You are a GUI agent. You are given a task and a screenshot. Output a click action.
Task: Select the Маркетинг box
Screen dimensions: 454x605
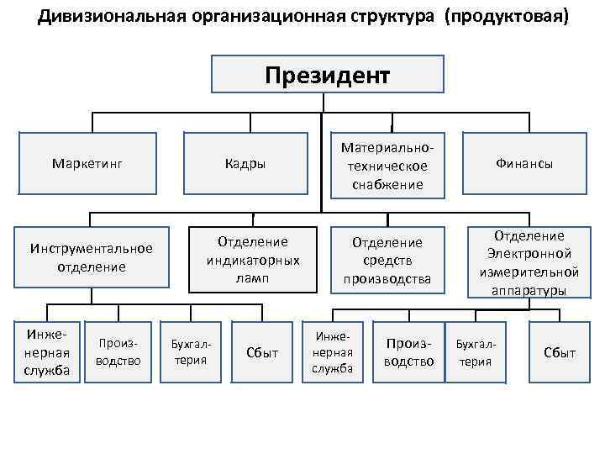pos(87,163)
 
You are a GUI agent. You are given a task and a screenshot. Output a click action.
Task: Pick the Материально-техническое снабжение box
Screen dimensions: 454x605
pos(387,166)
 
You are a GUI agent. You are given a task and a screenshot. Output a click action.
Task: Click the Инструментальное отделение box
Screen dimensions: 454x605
pos(92,257)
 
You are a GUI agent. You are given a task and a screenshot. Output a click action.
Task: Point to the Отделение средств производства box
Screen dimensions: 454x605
pos(387,260)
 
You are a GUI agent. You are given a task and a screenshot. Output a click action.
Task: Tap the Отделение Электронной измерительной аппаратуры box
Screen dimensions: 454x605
pos(529,262)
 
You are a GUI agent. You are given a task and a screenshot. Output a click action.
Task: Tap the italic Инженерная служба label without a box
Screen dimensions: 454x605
pos(333,351)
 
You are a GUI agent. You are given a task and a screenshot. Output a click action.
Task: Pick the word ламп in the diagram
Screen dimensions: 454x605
pos(253,277)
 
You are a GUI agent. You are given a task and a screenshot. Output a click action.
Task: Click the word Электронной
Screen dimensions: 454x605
pos(529,254)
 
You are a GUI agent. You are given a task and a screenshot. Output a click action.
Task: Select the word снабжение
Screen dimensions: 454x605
pos(387,184)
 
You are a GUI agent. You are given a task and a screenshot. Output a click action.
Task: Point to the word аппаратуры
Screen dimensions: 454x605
pos(529,290)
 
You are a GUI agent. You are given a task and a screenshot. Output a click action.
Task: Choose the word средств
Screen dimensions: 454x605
pos(387,261)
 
